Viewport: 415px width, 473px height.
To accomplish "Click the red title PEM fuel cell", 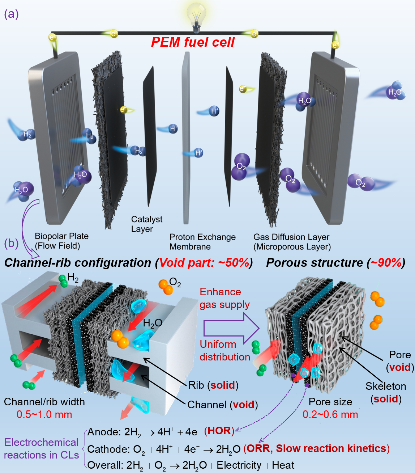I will click(193, 42).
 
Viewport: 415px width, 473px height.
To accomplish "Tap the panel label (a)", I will click(11, 14).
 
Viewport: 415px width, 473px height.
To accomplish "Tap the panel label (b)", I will click(11, 243).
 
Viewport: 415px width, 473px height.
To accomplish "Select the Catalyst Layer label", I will click(146, 224).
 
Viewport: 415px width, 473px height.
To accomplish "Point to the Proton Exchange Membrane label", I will click(202, 242).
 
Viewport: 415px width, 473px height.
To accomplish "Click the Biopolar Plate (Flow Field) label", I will click(61, 241).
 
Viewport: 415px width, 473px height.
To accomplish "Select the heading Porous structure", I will click(315, 263).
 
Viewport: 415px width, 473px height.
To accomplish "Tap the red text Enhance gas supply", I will click(224, 298).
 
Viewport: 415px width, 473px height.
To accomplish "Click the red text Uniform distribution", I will click(225, 350).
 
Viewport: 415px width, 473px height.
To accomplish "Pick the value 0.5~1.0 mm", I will click(44, 414).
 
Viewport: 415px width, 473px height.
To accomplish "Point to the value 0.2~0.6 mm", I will click(330, 414).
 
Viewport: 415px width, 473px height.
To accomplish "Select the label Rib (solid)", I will click(213, 385).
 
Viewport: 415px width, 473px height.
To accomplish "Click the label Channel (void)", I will click(222, 405).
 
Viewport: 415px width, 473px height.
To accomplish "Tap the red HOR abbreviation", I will click(219, 431).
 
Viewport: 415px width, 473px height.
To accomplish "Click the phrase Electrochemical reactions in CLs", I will click(41, 449).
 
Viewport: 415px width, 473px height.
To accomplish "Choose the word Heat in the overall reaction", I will click(283, 465).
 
